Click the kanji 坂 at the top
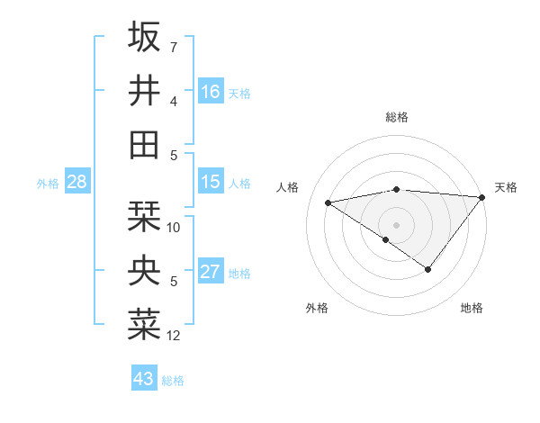(x=144, y=37)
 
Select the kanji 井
(x=144, y=91)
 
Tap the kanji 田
(x=144, y=145)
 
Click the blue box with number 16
(x=211, y=92)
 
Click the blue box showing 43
(x=143, y=379)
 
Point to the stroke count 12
(x=174, y=336)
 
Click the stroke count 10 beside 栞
(x=174, y=228)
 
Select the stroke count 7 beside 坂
(x=173, y=47)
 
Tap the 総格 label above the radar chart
(x=396, y=117)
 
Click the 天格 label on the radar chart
(x=506, y=187)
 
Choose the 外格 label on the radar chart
(x=317, y=308)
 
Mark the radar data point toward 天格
(x=483, y=196)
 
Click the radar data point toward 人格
(x=328, y=202)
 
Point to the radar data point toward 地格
(x=428, y=269)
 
